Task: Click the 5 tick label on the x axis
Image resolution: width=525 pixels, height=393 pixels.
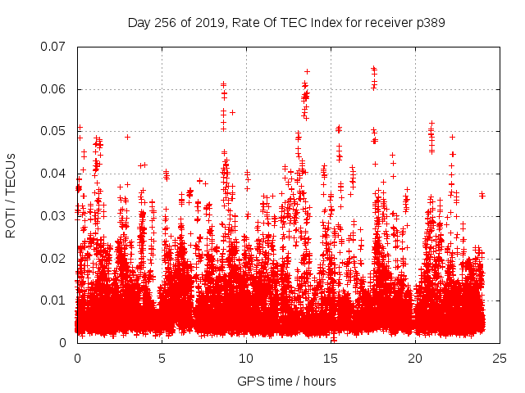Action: [x=162, y=358]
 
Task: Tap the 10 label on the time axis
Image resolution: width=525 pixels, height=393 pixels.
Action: [x=246, y=358]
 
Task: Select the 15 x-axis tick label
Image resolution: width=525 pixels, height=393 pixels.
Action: [x=331, y=358]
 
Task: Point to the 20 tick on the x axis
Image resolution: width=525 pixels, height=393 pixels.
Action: [x=415, y=358]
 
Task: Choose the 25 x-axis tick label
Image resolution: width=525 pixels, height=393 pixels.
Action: [x=500, y=358]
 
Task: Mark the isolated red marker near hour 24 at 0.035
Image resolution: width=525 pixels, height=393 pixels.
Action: [x=482, y=195]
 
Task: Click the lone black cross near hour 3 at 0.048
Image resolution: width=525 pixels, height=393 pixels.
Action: [x=127, y=138]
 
